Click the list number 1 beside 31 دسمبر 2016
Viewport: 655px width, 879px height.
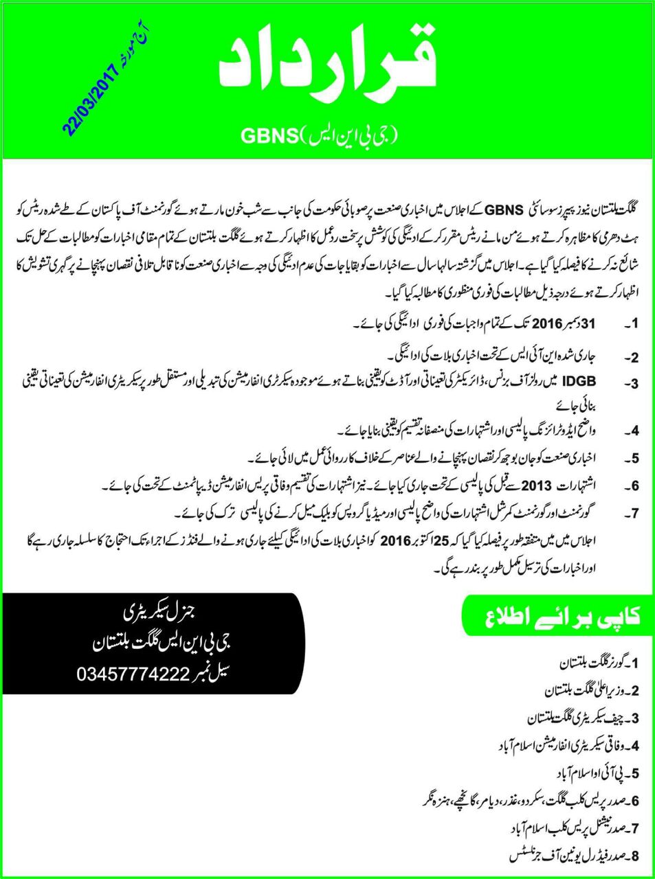click(x=635, y=323)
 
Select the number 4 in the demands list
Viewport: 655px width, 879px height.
click(x=635, y=431)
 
